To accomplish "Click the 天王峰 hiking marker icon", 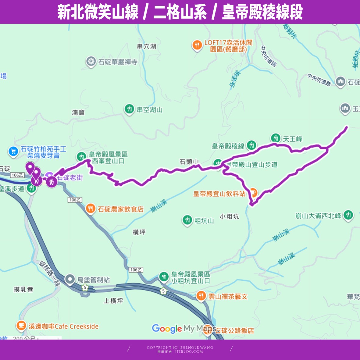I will pos(276,138).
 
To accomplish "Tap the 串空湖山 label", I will pos(149,110).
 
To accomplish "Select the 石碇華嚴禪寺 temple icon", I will pos(91,61).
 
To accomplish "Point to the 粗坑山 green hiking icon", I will pos(187,220).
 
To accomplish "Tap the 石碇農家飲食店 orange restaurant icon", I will pos(90,209).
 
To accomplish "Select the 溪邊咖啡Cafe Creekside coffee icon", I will pos(21,326).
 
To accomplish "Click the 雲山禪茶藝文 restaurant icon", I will pos(201,296).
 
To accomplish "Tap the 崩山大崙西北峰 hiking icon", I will pos(348,215).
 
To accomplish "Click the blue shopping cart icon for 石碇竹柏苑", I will pos(13,151).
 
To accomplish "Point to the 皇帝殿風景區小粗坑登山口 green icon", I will pos(164,277).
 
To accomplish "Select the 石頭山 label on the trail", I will pos(189,162).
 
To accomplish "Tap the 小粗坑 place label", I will pos(229,217).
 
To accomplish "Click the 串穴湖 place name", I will pos(146,47).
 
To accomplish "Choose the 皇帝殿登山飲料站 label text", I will pos(219,194).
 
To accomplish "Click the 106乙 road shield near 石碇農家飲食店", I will pos(75,200).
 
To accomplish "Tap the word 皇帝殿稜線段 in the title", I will pos(262,12).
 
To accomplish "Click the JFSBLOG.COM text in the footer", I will pos(189,351).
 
